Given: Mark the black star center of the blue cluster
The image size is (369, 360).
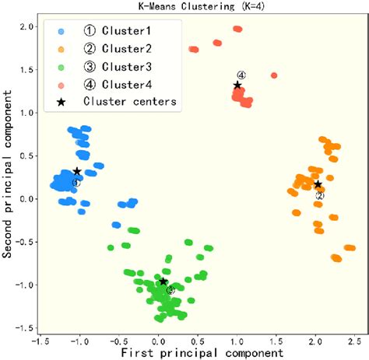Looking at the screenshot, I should point(77,171).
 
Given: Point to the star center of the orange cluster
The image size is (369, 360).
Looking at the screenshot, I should point(318,184).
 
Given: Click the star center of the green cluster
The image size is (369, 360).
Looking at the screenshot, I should point(163,281).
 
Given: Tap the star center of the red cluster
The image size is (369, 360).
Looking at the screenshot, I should point(237,85).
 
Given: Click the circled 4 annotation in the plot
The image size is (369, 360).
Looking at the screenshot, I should point(241,75).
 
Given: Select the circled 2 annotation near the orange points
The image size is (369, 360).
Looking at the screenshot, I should point(319,196).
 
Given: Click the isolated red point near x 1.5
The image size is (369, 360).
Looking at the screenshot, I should point(274,75).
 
